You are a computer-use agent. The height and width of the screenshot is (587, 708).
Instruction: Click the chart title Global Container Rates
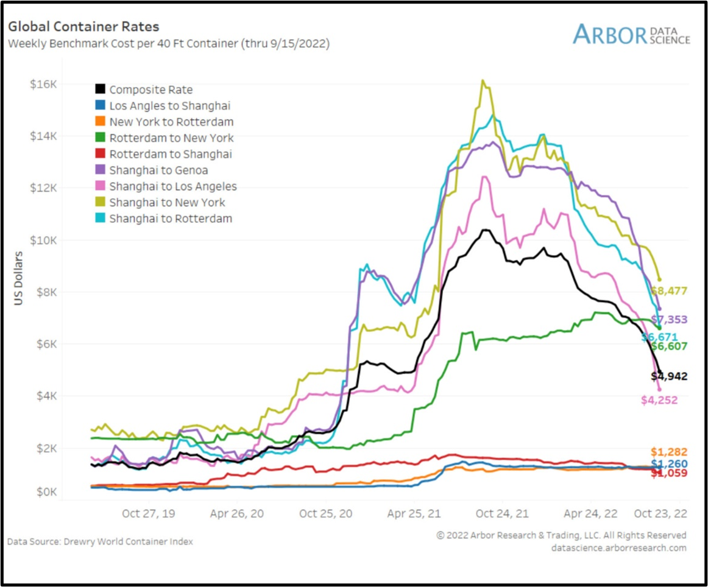pyautogui.click(x=83, y=27)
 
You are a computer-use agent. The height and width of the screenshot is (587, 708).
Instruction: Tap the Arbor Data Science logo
pyautogui.click(x=631, y=34)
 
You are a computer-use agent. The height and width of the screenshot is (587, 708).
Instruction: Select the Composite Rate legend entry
pyautogui.click(x=150, y=90)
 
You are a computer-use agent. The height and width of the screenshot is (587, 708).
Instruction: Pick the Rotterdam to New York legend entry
pyautogui.click(x=171, y=138)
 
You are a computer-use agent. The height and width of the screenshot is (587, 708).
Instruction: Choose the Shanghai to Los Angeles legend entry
pyautogui.click(x=173, y=186)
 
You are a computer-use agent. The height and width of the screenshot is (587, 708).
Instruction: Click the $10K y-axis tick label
pyautogui.click(x=44, y=240)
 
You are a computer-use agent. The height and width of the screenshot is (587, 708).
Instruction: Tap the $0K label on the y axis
pyautogui.click(x=46, y=491)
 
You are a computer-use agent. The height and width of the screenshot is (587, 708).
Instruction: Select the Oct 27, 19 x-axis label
pyautogui.click(x=149, y=513)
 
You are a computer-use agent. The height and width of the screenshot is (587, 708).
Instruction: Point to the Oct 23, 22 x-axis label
pyautogui.click(x=660, y=513)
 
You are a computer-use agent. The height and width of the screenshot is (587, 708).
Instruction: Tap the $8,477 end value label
pyautogui.click(x=668, y=291)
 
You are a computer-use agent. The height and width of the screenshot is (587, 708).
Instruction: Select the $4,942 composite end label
pyautogui.click(x=668, y=376)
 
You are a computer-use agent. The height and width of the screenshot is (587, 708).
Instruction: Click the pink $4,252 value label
pyautogui.click(x=659, y=400)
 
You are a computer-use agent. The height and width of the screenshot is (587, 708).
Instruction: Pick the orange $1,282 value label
pyautogui.click(x=668, y=452)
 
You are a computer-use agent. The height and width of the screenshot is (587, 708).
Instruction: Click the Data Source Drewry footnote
pyautogui.click(x=100, y=541)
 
